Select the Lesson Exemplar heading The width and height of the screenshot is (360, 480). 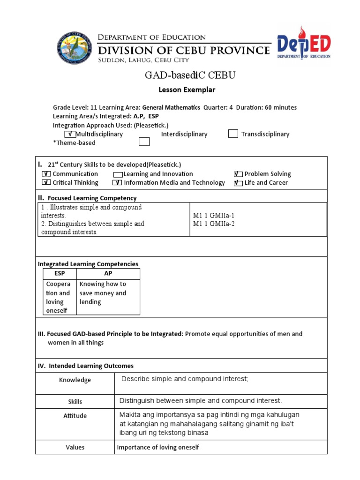(x=180, y=89)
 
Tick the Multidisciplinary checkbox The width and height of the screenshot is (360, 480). (x=70, y=135)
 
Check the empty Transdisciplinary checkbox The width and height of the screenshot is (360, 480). (x=233, y=134)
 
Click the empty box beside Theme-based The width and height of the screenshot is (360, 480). (x=144, y=142)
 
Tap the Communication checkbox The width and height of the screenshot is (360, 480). (x=46, y=174)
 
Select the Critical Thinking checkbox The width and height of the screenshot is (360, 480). (x=46, y=183)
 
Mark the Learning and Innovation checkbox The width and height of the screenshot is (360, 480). (x=118, y=174)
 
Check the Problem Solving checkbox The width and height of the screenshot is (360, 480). (x=238, y=174)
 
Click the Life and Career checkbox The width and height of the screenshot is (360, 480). (x=238, y=183)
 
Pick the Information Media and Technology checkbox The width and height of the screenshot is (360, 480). (x=118, y=183)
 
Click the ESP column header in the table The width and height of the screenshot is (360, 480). (x=60, y=273)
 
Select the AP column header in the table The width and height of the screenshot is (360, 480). (x=108, y=273)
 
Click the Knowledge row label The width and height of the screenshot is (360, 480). (x=75, y=380)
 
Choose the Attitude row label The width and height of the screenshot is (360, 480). (x=75, y=416)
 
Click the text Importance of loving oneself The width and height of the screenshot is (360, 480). (x=158, y=447)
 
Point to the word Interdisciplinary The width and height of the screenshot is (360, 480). (x=184, y=134)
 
